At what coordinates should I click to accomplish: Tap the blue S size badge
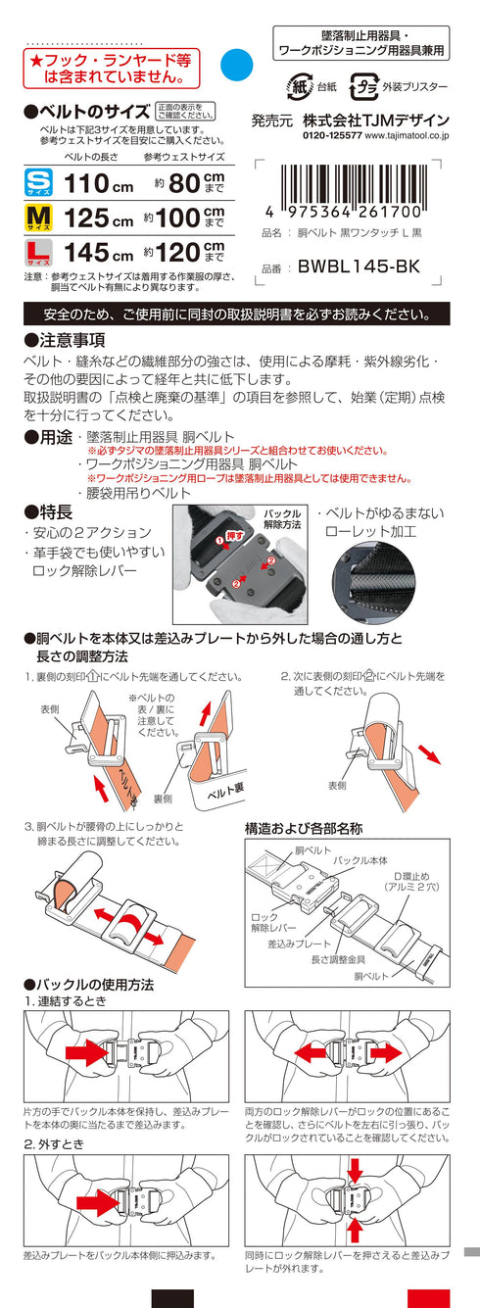(38, 183)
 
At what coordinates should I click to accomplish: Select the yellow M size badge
(38, 218)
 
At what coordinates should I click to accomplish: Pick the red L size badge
(38, 253)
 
